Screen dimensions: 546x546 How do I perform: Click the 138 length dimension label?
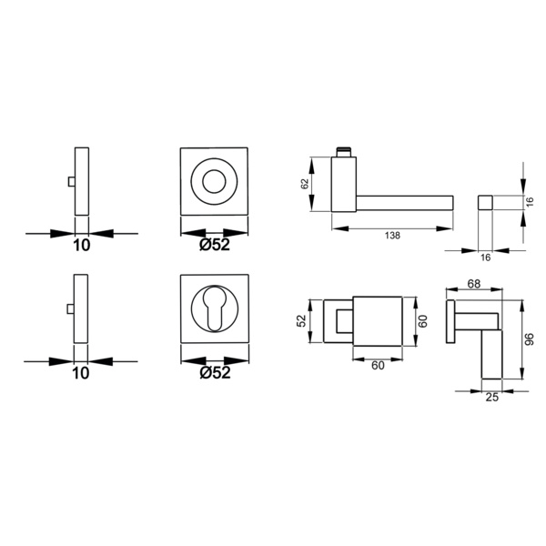392,236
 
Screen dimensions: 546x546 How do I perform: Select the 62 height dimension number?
305,184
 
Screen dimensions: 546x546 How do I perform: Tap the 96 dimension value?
530,339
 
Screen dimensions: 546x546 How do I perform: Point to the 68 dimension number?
474,284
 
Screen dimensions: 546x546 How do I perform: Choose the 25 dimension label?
492,397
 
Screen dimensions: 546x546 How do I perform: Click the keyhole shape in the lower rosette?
214,308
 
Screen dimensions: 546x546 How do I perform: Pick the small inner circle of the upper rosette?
214,181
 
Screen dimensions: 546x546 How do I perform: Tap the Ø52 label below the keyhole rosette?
215,372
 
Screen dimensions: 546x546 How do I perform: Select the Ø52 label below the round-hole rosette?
215,245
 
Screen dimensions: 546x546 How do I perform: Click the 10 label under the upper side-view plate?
82,245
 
